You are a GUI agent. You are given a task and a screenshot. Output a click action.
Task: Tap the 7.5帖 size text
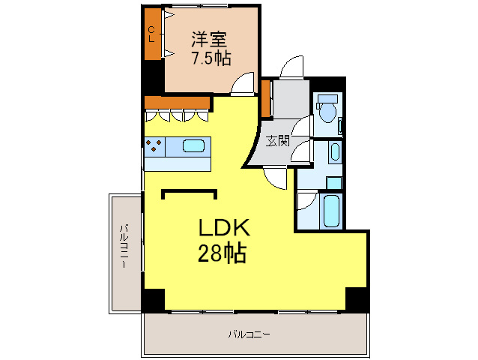coord(210,57)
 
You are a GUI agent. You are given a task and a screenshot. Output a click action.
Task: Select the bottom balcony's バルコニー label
coord(249,334)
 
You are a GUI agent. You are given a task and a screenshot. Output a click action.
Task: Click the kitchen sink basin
coord(194,146)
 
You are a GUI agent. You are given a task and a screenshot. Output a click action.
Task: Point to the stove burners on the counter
coord(155,145)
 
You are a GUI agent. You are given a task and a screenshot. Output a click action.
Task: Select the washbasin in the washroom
coord(334,152)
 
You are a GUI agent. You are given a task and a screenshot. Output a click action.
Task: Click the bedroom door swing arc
coord(243,85)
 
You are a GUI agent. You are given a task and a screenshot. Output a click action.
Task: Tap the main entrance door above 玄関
coord(291,69)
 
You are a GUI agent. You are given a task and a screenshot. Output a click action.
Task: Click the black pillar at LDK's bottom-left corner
coord(153,298)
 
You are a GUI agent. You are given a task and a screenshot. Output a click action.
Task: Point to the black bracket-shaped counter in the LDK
coord(190,191)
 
